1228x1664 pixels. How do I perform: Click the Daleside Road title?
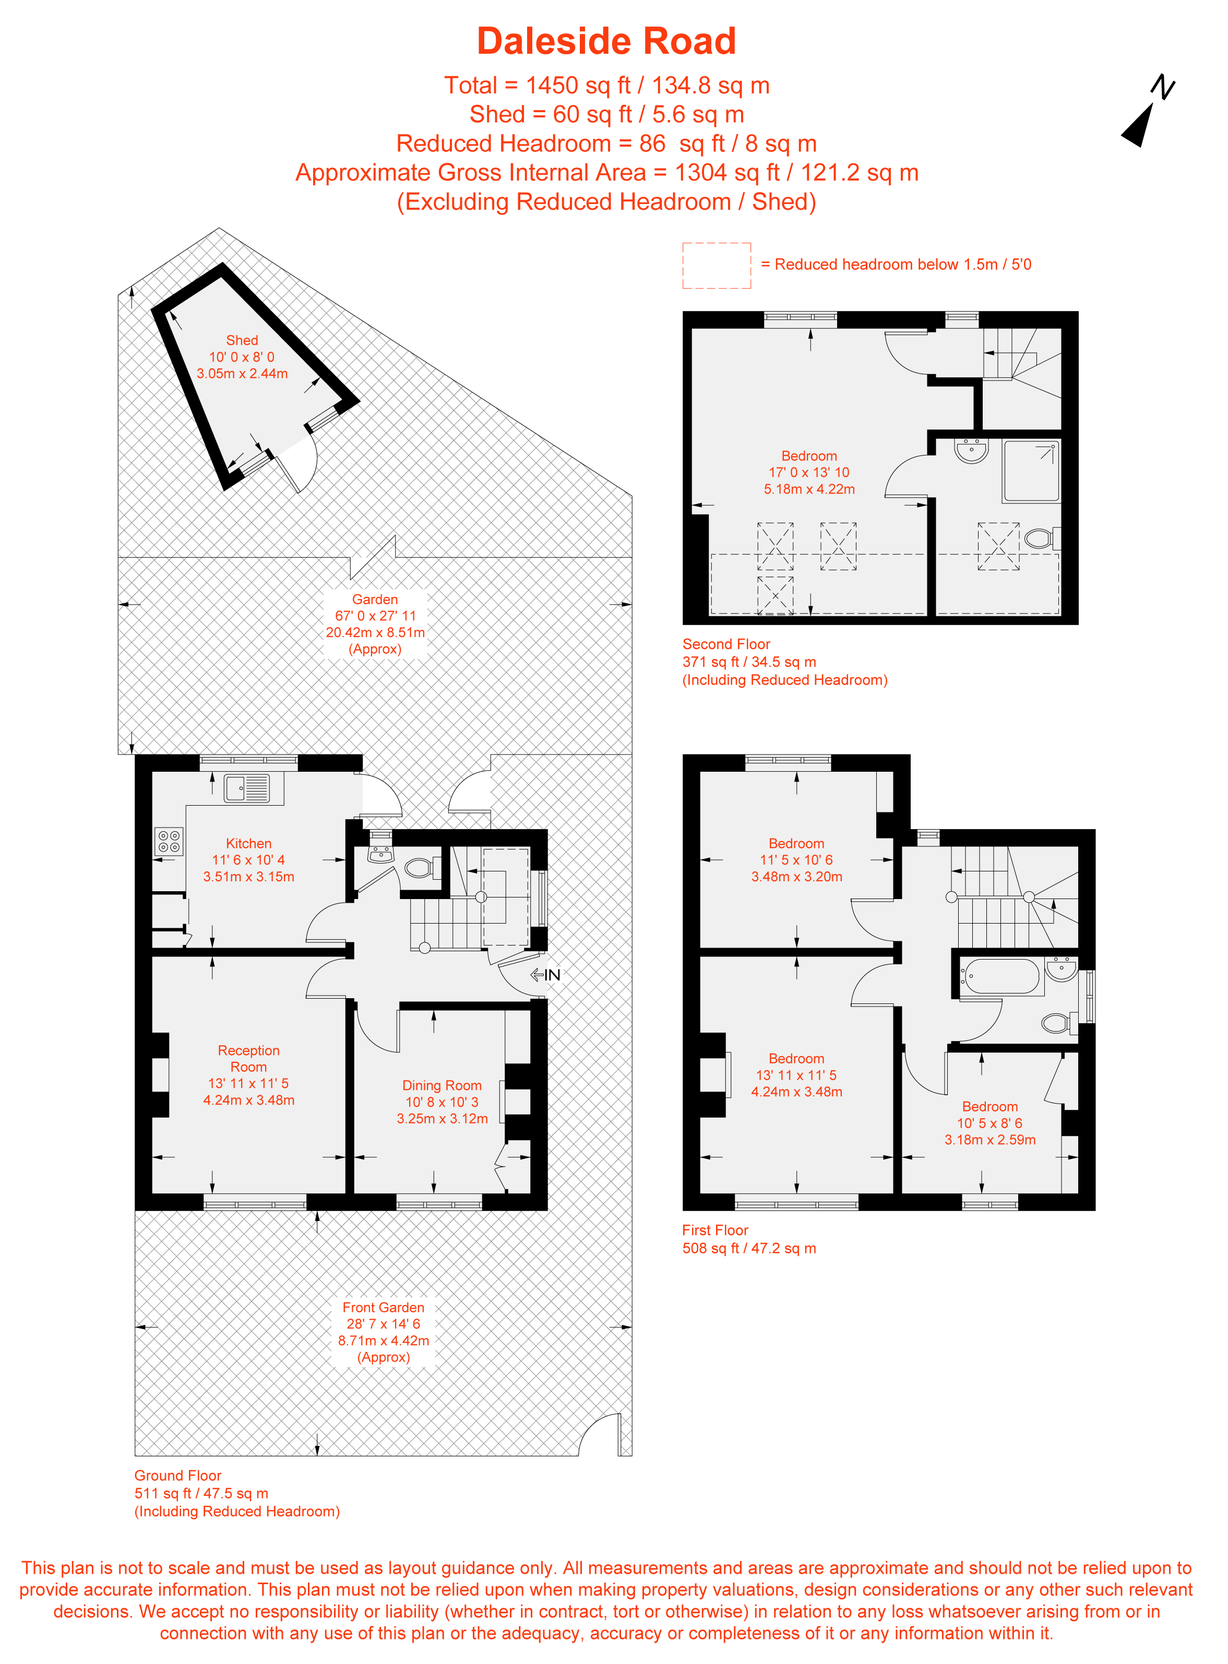606,42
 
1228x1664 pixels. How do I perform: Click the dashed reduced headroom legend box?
716,265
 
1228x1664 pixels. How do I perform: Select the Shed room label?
242,340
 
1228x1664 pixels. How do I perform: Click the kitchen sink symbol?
247,788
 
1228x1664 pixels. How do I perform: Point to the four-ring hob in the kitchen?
169,841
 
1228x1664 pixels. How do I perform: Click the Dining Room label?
442,1085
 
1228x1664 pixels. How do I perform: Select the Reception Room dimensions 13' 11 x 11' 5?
248,1083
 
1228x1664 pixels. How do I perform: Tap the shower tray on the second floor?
1031,471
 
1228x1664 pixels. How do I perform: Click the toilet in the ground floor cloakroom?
421,867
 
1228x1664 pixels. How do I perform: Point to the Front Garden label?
383,1307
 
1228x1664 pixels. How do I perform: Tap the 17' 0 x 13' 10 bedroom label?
809,472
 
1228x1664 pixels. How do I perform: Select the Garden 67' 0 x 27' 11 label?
375,615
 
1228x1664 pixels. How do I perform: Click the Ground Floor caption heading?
177,1475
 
